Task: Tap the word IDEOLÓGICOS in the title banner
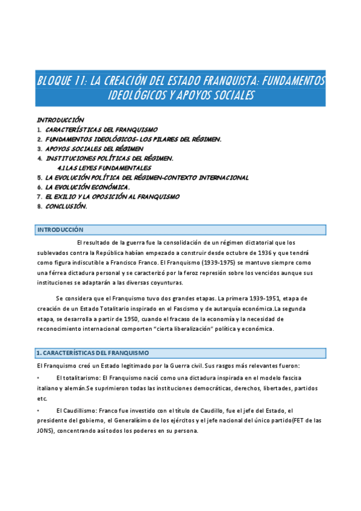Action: pyautogui.click(x=133, y=96)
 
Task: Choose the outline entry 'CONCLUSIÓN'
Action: pyautogui.click(x=66, y=206)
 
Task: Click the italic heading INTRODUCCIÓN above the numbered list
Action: pyautogui.click(x=60, y=119)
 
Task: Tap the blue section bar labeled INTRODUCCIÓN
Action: pyautogui.click(x=181, y=230)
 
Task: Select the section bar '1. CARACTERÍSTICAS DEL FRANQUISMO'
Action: pyautogui.click(x=181, y=353)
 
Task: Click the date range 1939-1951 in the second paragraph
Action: pyautogui.click(x=249, y=298)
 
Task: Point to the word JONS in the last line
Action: pyautogui.click(x=45, y=431)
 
